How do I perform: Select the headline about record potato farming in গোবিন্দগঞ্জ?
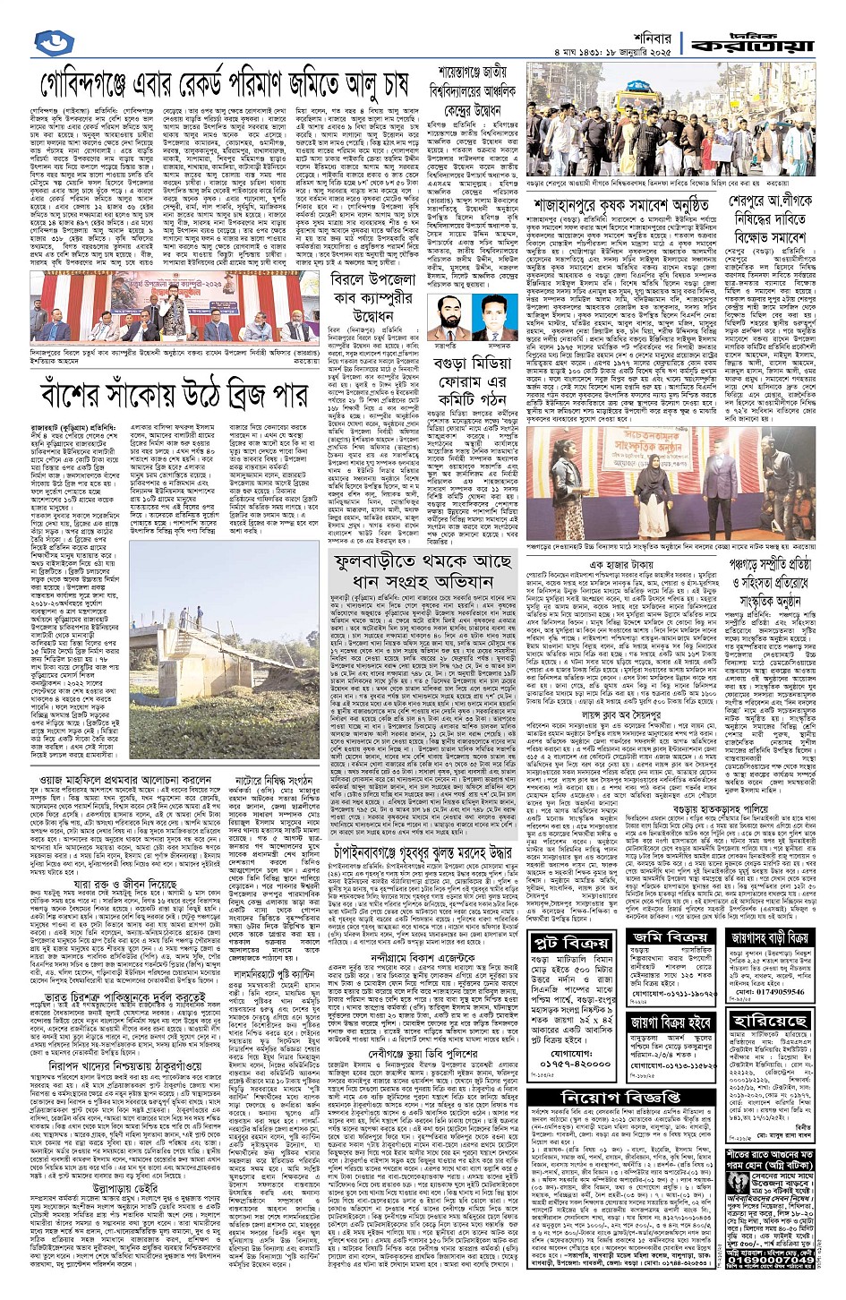point(224,86)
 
